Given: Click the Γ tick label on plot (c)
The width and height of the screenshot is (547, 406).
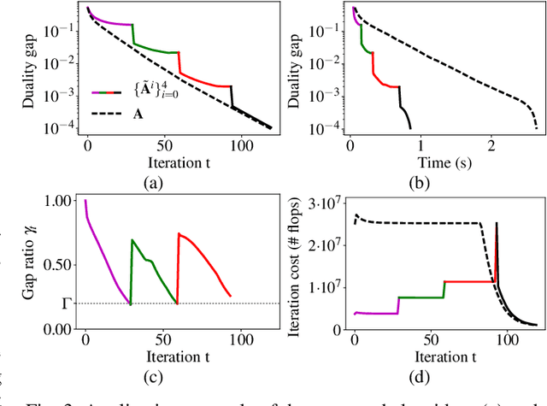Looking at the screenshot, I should pyautogui.click(x=57, y=303).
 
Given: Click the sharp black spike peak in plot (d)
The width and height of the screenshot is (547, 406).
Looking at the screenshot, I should pyautogui.click(x=497, y=223).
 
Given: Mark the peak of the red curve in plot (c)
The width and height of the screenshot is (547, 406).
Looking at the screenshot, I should pyautogui.click(x=179, y=233).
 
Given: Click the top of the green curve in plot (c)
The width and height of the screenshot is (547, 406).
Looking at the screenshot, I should pyautogui.click(x=132, y=240).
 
